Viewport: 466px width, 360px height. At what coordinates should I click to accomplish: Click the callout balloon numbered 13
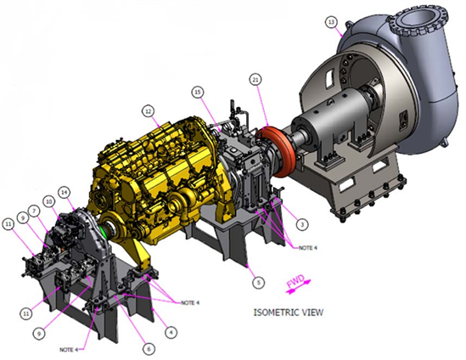(x=331, y=22)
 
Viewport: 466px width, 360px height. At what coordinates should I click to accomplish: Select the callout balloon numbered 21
(x=255, y=79)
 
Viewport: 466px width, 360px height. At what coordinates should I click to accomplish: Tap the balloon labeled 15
(x=198, y=93)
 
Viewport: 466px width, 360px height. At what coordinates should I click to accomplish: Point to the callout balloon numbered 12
(x=149, y=111)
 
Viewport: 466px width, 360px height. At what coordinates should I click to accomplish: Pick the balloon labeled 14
(x=64, y=192)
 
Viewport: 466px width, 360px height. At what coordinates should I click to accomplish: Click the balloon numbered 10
(x=49, y=201)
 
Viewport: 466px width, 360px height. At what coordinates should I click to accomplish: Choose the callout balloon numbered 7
(x=34, y=211)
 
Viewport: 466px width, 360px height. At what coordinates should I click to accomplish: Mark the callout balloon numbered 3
(x=302, y=224)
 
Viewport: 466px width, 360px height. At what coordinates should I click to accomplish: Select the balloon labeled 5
(x=258, y=282)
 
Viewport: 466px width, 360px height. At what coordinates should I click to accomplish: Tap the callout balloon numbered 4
(x=171, y=332)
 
